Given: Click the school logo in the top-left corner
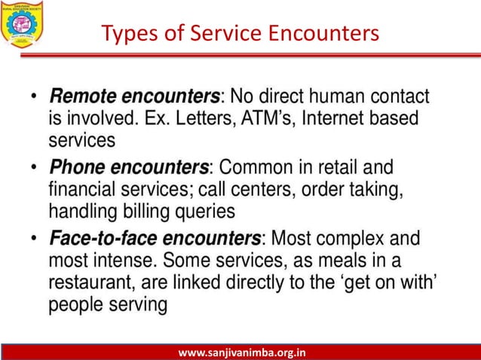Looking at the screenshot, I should (23, 23).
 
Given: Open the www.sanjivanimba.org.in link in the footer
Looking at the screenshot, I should (241, 352).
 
